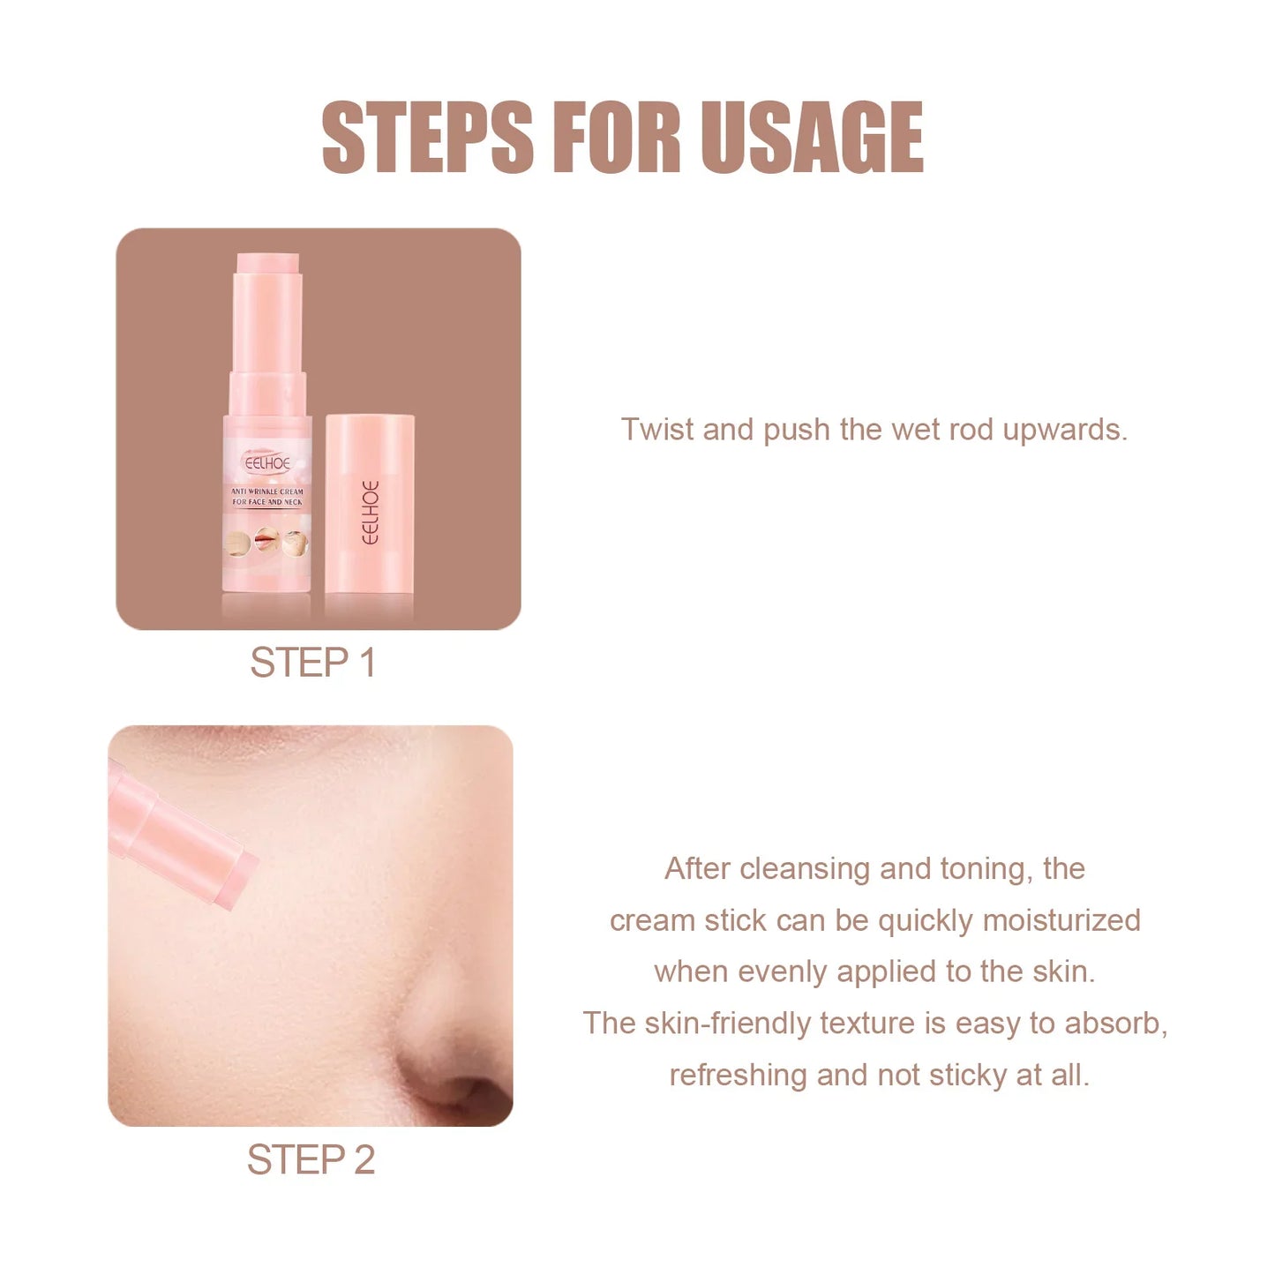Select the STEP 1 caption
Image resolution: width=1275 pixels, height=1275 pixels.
(x=313, y=663)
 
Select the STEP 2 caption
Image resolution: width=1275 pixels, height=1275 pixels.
(x=311, y=1159)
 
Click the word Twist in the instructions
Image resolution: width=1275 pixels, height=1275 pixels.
(x=657, y=430)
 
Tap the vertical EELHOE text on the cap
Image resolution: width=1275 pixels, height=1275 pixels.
(x=371, y=513)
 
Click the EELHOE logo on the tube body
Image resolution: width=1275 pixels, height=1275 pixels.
(x=267, y=462)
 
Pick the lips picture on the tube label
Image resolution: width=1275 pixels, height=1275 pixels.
(x=266, y=540)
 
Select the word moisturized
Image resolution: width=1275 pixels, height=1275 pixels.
(x=1061, y=920)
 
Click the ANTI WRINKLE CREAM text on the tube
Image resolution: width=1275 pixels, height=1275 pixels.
(x=267, y=491)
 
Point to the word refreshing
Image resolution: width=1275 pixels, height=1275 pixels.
(x=738, y=1075)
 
